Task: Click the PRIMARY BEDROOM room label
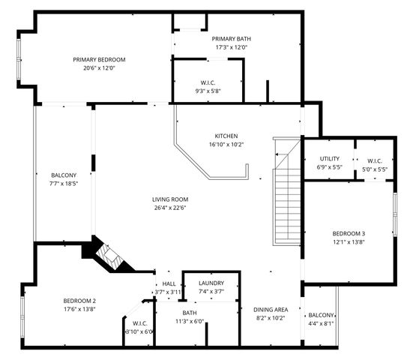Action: tap(99, 59)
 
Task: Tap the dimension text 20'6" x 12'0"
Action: tap(99, 67)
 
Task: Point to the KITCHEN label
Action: tap(226, 136)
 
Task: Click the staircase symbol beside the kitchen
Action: tap(285, 195)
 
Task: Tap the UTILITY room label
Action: tap(330, 158)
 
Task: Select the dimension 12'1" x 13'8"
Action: tap(349, 242)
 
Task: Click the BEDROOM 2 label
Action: tap(79, 301)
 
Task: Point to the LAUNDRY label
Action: tap(211, 283)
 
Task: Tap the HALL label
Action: tap(169, 283)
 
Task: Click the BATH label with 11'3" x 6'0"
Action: tap(189, 313)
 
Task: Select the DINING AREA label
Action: tap(271, 310)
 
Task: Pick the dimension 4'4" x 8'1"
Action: tap(321, 324)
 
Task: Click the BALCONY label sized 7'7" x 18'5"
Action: tap(64, 174)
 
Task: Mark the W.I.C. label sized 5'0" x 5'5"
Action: tap(374, 160)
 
